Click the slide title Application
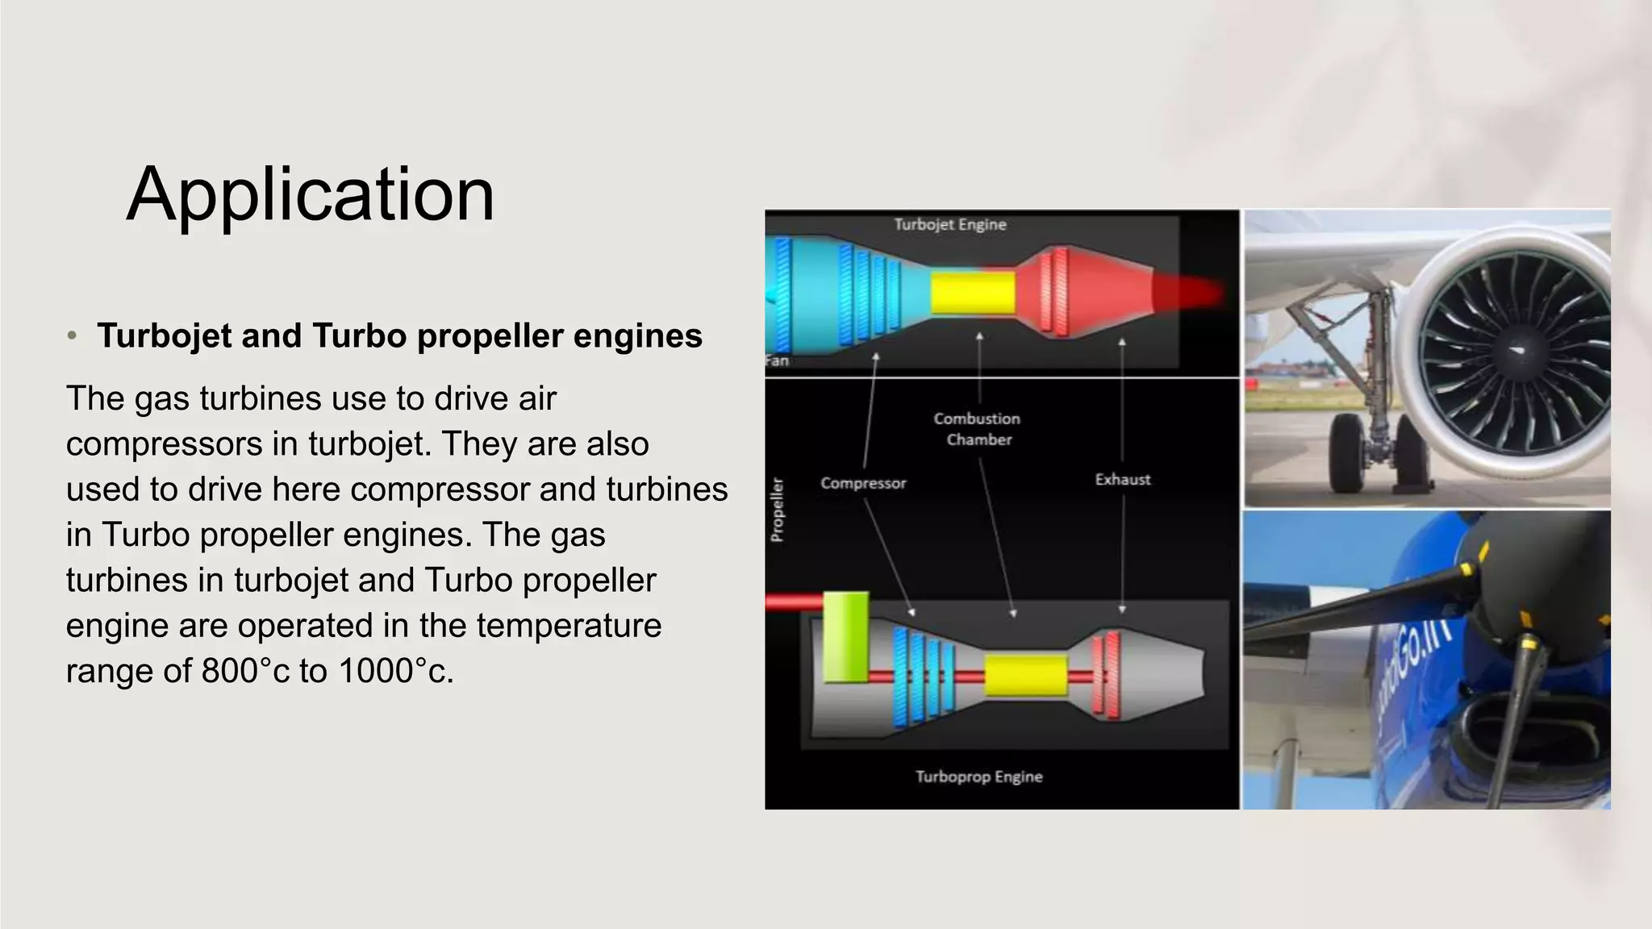[x=311, y=194]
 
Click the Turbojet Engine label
[x=949, y=224]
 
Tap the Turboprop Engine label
[x=978, y=776]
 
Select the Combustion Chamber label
[x=978, y=429]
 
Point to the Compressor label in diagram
[x=863, y=483]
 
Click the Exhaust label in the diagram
[x=1122, y=479]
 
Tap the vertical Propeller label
[x=777, y=510]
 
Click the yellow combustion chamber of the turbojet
[x=973, y=292]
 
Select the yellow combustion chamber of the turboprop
[x=1025, y=675]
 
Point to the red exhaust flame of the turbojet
[x=1186, y=292]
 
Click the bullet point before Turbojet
[x=72, y=335]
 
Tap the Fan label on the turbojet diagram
[x=776, y=360]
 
